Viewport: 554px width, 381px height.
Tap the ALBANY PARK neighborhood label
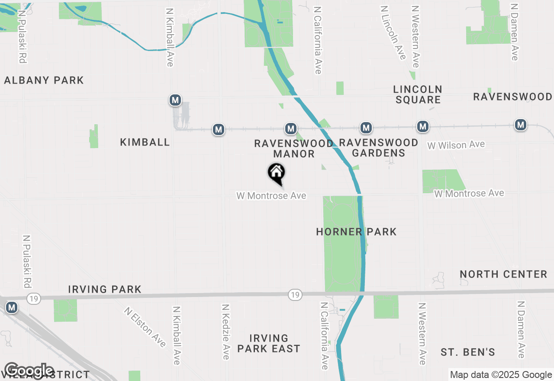tap(44, 80)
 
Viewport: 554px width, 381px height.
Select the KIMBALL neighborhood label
tap(145, 142)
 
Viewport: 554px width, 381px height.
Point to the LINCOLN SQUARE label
tap(418, 94)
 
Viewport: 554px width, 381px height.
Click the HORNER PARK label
tap(356, 232)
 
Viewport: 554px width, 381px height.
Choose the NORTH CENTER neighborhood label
tap(503, 274)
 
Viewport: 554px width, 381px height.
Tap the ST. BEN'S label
tap(468, 352)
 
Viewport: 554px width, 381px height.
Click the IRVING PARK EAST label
tap(269, 343)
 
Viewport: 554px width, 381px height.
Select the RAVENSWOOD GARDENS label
tap(379, 148)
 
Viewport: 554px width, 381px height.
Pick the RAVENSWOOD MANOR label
tap(294, 149)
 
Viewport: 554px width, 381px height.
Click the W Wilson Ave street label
tap(456, 145)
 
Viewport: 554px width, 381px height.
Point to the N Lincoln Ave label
tap(393, 32)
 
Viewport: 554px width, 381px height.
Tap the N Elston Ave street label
tap(145, 327)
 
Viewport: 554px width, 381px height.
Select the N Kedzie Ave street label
tap(225, 331)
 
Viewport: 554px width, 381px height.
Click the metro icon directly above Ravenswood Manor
tap(291, 129)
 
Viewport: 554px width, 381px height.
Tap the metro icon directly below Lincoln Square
tap(423, 126)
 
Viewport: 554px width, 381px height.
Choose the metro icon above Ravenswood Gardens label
tap(367, 128)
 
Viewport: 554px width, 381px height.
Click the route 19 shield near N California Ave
tap(295, 295)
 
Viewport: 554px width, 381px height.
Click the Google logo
tap(29, 371)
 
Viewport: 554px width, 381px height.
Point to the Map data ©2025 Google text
tap(501, 375)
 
